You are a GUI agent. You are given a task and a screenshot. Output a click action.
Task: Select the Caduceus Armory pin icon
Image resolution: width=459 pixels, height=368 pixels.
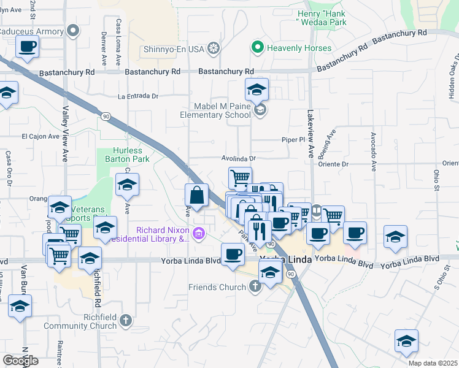click(x=74, y=30)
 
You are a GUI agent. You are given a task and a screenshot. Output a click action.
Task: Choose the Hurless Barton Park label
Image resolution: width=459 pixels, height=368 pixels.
click(x=128, y=155)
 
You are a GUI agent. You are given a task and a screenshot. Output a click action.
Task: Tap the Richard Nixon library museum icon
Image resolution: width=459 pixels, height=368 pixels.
click(x=198, y=233)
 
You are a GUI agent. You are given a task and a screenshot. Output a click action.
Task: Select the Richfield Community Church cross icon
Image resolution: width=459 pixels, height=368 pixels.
click(x=126, y=320)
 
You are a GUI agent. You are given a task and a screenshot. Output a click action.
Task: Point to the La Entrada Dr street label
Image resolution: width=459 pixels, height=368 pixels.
click(x=138, y=96)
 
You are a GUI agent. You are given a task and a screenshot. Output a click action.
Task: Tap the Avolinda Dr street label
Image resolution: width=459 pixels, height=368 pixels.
click(x=239, y=158)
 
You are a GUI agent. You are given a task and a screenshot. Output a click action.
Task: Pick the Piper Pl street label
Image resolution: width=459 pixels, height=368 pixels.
click(x=293, y=140)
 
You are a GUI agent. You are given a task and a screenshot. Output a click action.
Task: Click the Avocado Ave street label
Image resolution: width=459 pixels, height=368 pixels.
click(x=372, y=150)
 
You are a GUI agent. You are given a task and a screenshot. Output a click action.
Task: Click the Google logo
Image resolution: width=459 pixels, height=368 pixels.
click(x=20, y=361)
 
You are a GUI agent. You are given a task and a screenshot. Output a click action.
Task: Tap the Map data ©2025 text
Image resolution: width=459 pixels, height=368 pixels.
click(x=433, y=363)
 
